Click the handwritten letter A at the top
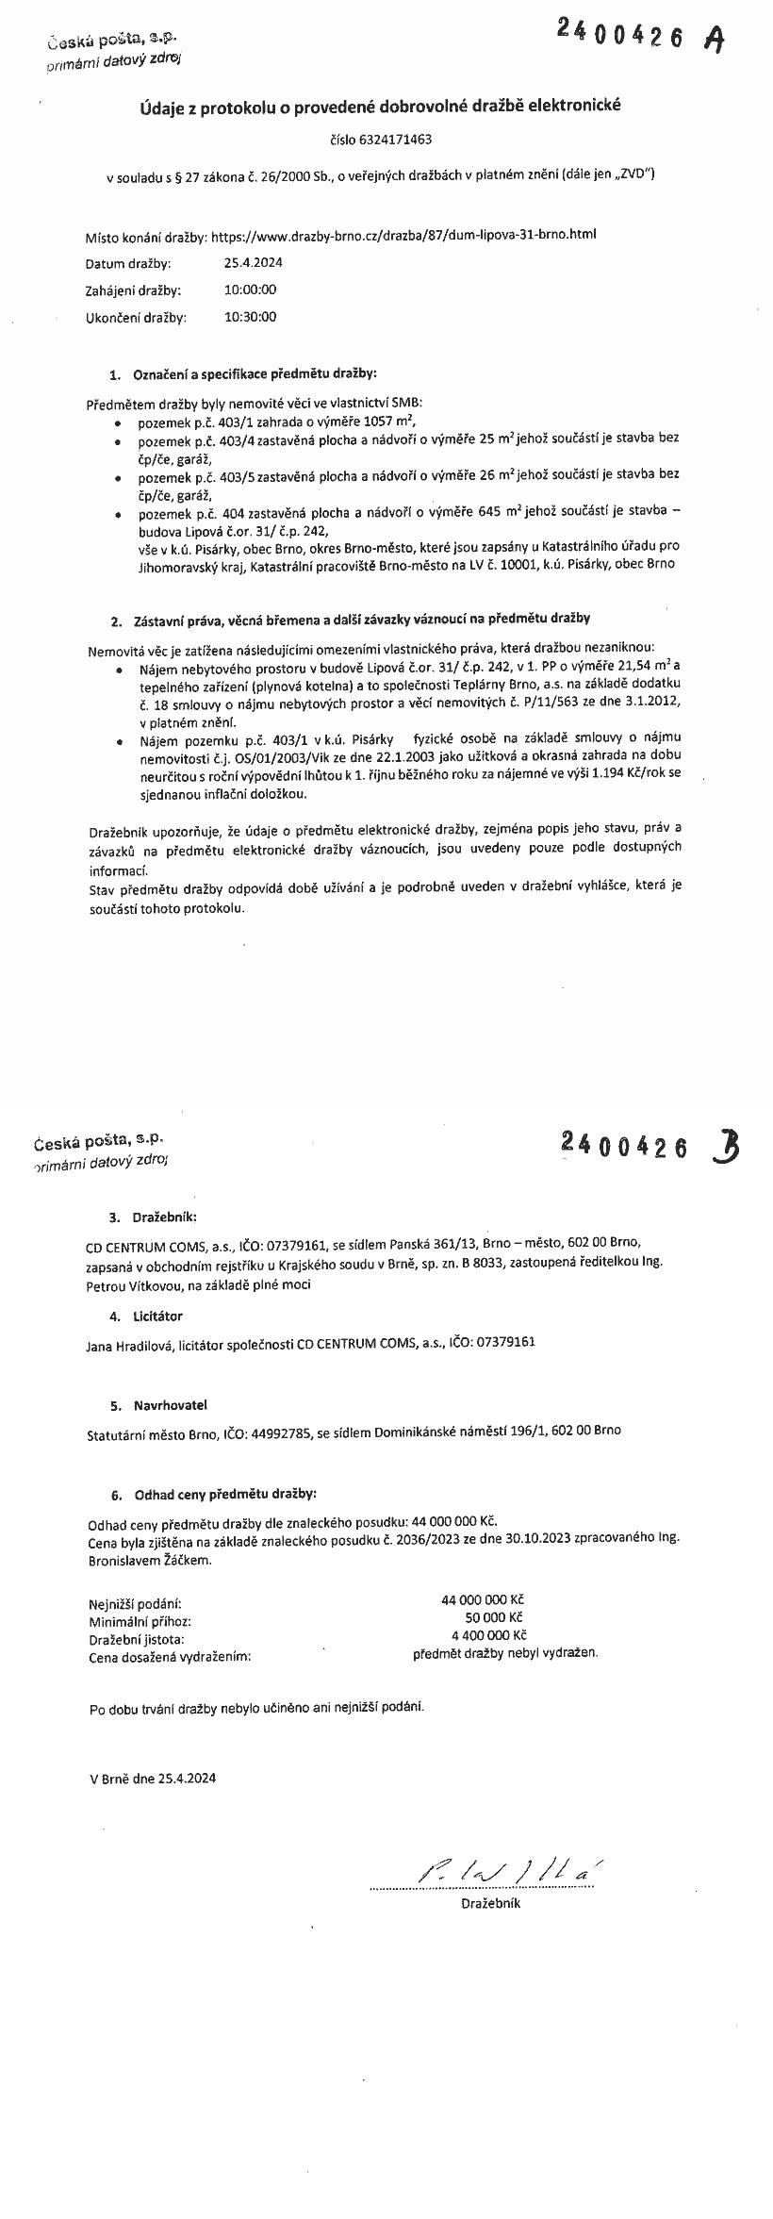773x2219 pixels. click(x=717, y=39)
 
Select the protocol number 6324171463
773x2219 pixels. click(x=395, y=140)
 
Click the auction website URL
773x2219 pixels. click(x=403, y=235)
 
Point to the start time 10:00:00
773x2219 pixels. click(x=250, y=290)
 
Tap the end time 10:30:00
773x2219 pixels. click(x=250, y=317)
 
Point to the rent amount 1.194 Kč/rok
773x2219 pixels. click(x=627, y=772)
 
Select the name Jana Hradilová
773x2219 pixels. click(x=129, y=1342)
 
